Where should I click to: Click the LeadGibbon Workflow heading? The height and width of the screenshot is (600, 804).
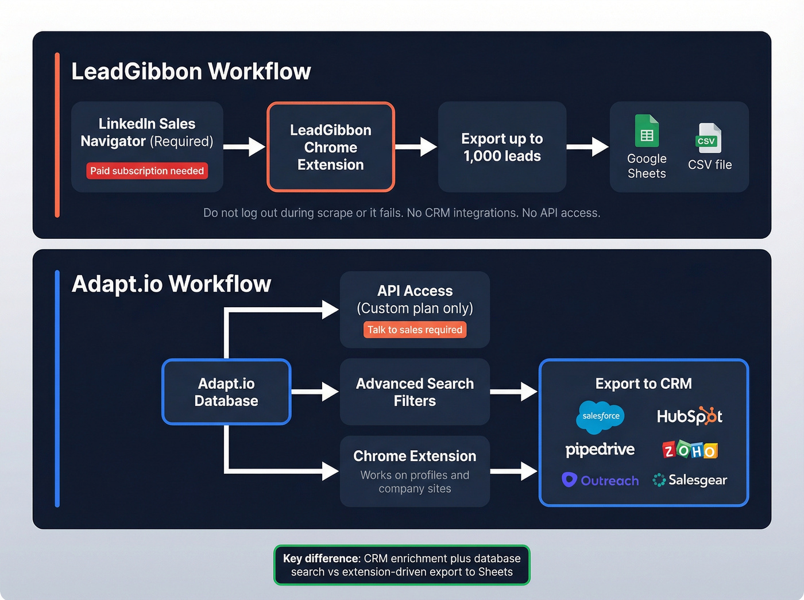pyautogui.click(x=191, y=72)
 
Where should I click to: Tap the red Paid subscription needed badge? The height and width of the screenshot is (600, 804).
pyautogui.click(x=147, y=171)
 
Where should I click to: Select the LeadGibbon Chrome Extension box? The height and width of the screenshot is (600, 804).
pyautogui.click(x=331, y=147)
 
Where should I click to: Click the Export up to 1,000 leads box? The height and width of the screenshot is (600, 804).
pyautogui.click(x=502, y=147)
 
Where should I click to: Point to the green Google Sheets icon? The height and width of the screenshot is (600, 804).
pyautogui.click(x=647, y=131)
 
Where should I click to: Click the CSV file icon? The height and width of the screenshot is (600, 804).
pyautogui.click(x=709, y=138)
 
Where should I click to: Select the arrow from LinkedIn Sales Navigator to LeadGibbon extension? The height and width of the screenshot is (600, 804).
pyautogui.click(x=245, y=146)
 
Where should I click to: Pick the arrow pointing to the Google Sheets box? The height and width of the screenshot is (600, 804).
pyautogui.click(x=587, y=146)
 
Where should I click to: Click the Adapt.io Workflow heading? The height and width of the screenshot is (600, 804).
pyautogui.click(x=171, y=284)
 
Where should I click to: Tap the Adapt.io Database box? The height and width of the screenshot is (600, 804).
pyautogui.click(x=226, y=392)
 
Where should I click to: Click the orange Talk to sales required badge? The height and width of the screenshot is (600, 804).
pyautogui.click(x=415, y=330)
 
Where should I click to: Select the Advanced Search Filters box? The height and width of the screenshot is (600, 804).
pyautogui.click(x=415, y=392)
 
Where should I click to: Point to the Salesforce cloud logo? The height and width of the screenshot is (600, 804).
pyautogui.click(x=600, y=416)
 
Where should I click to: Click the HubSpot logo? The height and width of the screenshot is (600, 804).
pyautogui.click(x=689, y=416)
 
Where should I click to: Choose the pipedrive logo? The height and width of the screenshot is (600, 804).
pyautogui.click(x=600, y=450)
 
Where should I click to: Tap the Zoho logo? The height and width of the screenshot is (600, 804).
pyautogui.click(x=690, y=450)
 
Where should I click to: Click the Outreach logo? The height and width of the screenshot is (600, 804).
pyautogui.click(x=600, y=481)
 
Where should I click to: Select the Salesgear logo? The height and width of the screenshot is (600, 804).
pyautogui.click(x=690, y=480)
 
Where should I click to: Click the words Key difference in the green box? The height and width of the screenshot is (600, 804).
pyautogui.click(x=321, y=559)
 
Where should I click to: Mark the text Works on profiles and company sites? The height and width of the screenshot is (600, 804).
pyautogui.click(x=415, y=482)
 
